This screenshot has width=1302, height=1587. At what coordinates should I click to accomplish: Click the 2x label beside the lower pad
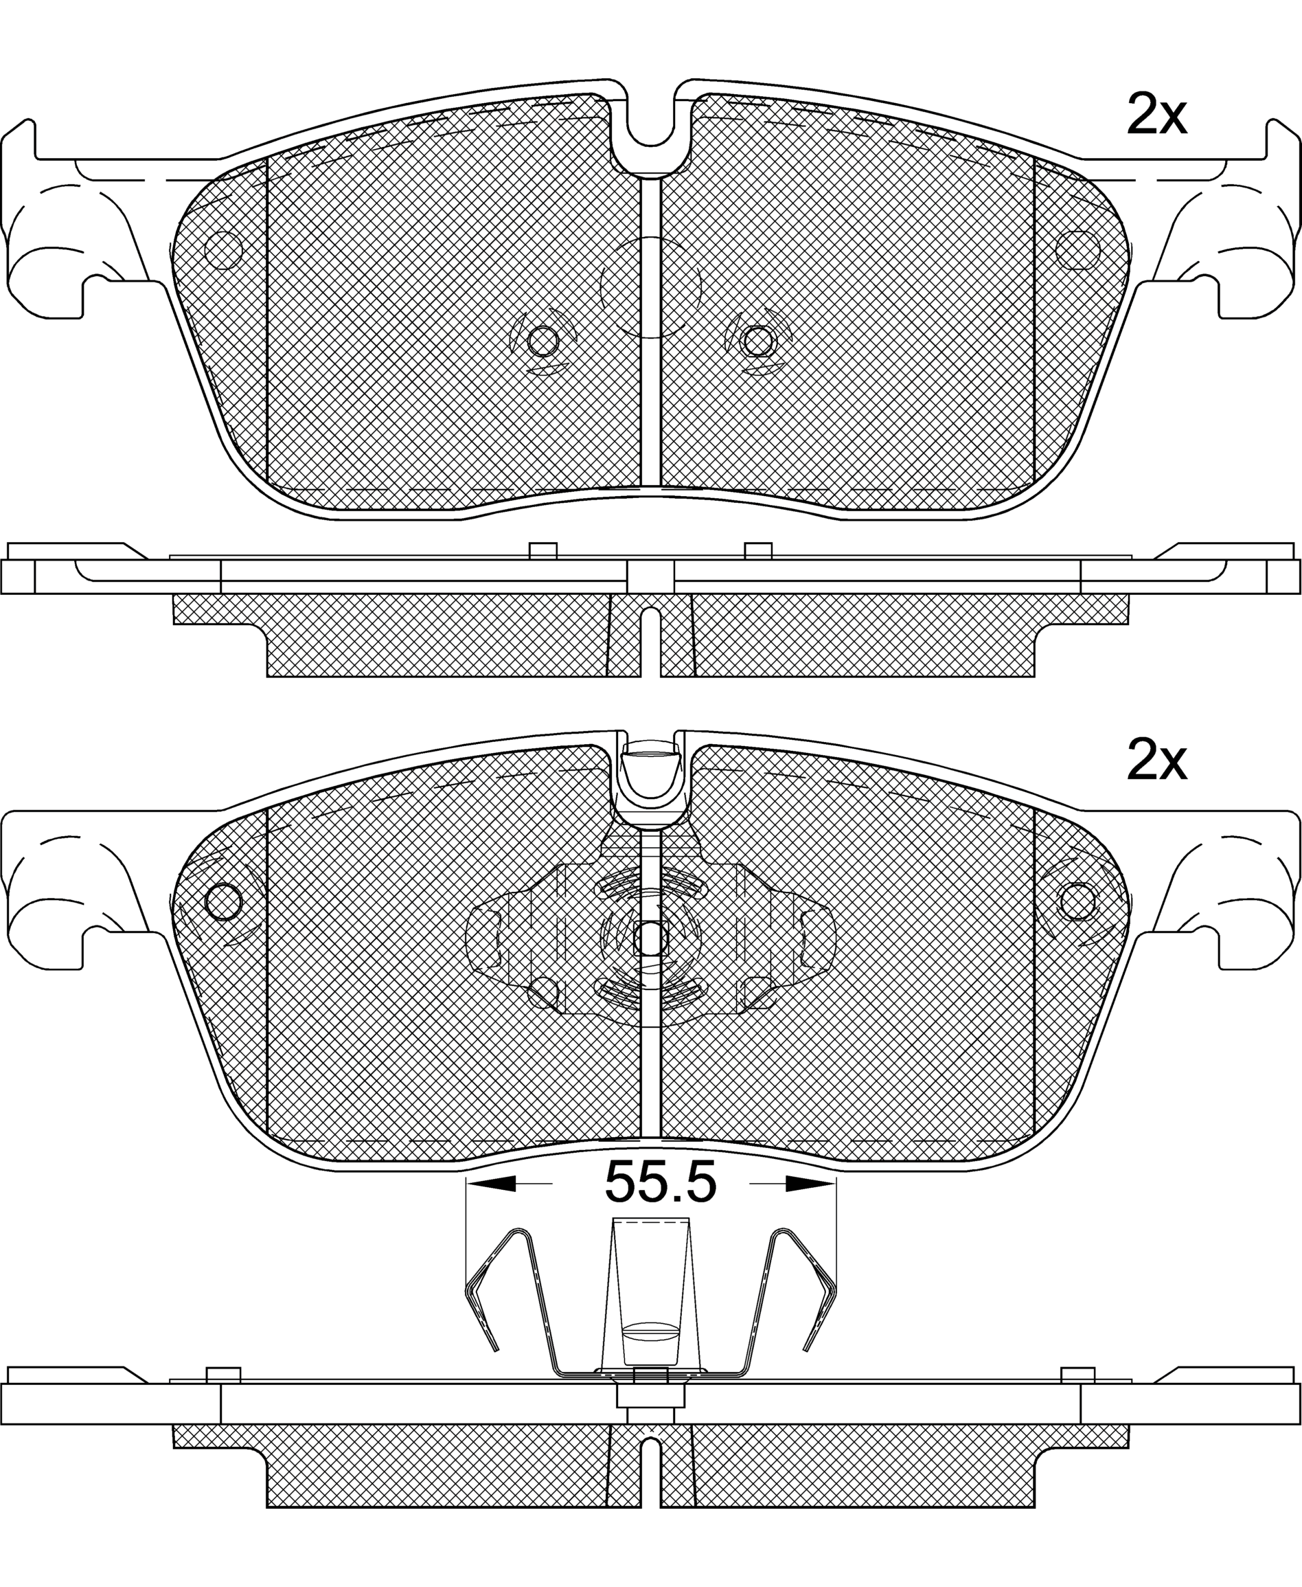[x=1156, y=762]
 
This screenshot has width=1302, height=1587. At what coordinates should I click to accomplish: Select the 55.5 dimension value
[x=661, y=1182]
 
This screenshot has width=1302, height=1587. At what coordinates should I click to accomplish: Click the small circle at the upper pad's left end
[x=223, y=250]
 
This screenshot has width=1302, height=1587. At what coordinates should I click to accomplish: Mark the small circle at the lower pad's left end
[x=223, y=902]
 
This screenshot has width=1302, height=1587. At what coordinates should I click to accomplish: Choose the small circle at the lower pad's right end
[x=1077, y=902]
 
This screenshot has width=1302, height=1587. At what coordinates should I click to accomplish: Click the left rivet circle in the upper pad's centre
[x=543, y=342]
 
